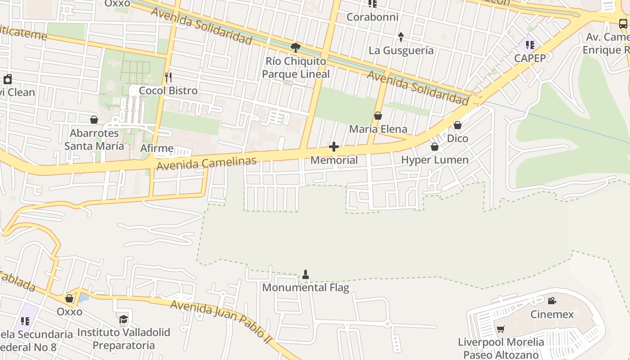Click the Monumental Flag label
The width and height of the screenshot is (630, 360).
pyautogui.click(x=306, y=288)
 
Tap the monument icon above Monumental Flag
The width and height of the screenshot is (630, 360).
pyautogui.click(x=306, y=274)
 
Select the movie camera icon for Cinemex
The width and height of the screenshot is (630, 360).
pyautogui.click(x=552, y=301)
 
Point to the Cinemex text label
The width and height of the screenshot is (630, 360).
pyautogui.click(x=552, y=314)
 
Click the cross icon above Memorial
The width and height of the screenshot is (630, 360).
pyautogui.click(x=334, y=147)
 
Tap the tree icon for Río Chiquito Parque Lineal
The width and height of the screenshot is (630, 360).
pyautogui.click(x=296, y=47)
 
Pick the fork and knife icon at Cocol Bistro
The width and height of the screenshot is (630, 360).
pyautogui.click(x=168, y=77)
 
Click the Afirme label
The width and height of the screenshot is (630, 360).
pyautogui.click(x=157, y=148)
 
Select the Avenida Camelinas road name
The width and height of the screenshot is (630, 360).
pyautogui.click(x=207, y=163)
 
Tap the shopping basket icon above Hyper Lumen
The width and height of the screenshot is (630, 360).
pyautogui.click(x=435, y=147)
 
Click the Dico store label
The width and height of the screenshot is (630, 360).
pyautogui.click(x=458, y=139)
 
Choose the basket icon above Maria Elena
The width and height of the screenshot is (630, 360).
pyautogui.click(x=378, y=116)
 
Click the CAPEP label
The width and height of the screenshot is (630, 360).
pyautogui.click(x=530, y=58)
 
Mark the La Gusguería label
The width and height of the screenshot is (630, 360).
pyautogui.click(x=401, y=50)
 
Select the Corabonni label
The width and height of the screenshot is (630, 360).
pyautogui.click(x=372, y=17)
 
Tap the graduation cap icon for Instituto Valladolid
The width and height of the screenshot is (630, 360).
pyautogui.click(x=123, y=319)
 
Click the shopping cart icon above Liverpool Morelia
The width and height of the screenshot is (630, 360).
pyautogui.click(x=501, y=329)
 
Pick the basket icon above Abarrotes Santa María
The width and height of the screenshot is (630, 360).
pyautogui.click(x=94, y=120)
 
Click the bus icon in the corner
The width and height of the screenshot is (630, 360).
pyautogui.click(x=623, y=23)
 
